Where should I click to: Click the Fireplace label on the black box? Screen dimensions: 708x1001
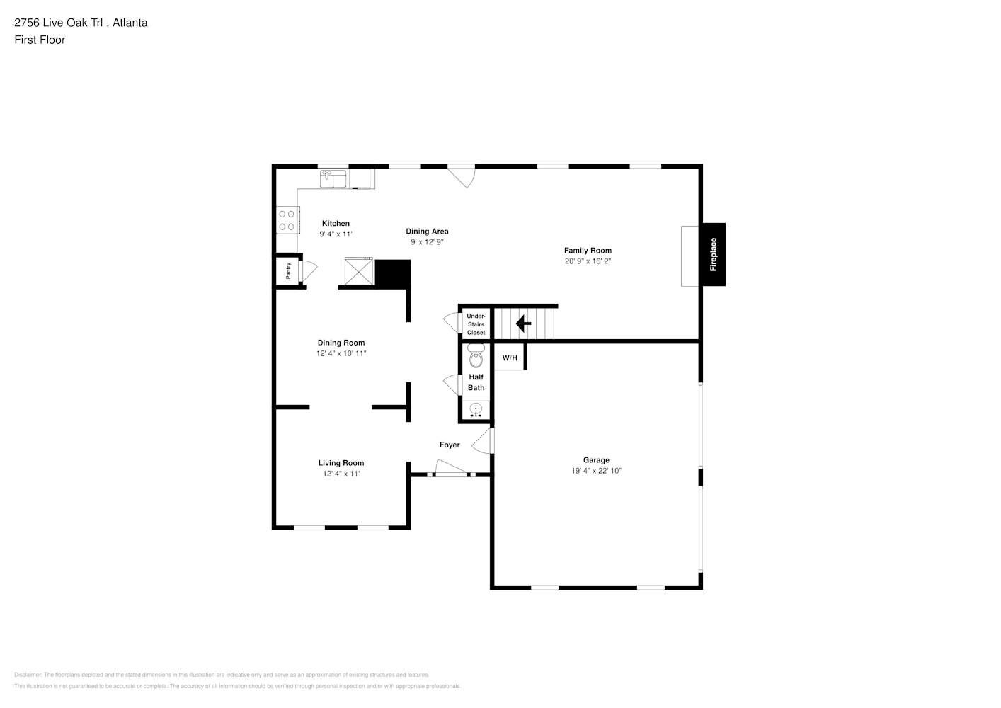tap(714, 255)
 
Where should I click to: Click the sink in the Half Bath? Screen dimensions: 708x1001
tap(476, 409)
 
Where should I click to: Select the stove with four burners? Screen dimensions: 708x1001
tap(287, 219)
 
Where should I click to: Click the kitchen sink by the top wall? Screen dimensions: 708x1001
tap(333, 178)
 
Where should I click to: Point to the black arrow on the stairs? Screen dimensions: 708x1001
tap(524, 324)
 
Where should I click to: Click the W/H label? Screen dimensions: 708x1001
tap(510, 358)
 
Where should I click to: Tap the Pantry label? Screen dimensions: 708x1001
tap(288, 270)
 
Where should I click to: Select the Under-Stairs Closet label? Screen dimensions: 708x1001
tap(476, 324)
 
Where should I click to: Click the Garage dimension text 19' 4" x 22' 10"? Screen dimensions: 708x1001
tap(596, 471)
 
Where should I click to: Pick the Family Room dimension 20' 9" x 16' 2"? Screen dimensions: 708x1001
tap(588, 261)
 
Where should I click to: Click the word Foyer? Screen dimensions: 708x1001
tap(450, 445)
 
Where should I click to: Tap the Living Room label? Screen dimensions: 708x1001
tap(341, 463)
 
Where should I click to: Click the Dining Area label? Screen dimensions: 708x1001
tap(427, 232)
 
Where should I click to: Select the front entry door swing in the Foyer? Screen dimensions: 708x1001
tap(450, 468)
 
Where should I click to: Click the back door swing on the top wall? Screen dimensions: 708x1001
tap(462, 176)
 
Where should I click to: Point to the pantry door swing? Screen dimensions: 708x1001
tap(309, 270)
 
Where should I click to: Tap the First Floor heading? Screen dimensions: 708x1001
tap(40, 40)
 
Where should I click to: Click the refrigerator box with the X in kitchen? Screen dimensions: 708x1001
tap(359, 271)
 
